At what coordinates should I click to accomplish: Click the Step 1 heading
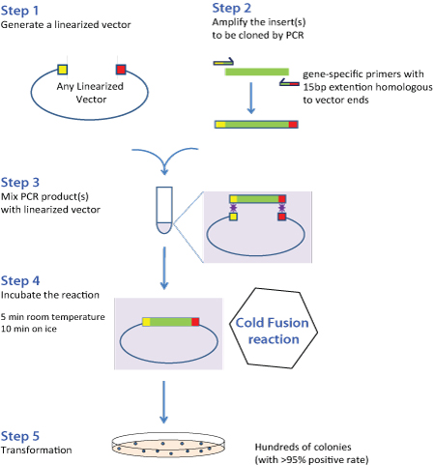[23, 10]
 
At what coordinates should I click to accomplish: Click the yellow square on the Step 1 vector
[62, 69]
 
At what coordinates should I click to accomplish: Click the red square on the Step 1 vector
[121, 69]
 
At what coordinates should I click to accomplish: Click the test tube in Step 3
[163, 210]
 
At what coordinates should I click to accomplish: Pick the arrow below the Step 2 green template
[250, 96]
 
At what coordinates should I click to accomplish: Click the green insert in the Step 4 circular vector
[170, 322]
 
